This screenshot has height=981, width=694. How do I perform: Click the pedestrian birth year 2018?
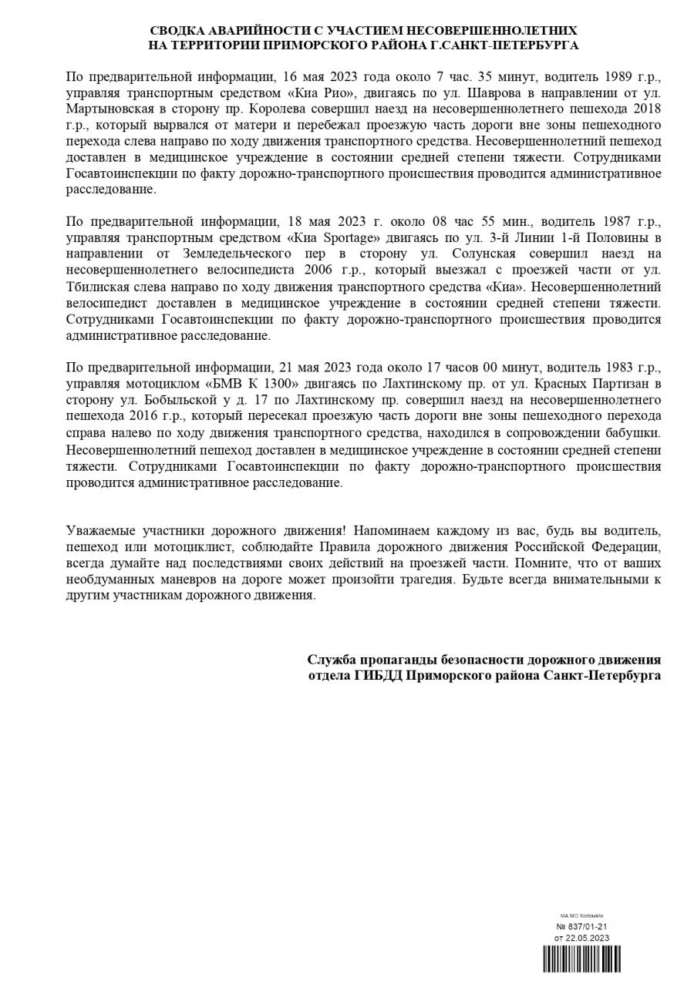[x=646, y=109]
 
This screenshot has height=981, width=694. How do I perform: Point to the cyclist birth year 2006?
[x=325, y=270]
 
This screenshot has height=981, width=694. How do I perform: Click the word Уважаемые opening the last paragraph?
[x=103, y=530]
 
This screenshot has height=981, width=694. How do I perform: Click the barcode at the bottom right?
[x=581, y=960]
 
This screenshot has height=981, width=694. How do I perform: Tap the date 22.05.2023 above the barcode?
[x=588, y=938]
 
